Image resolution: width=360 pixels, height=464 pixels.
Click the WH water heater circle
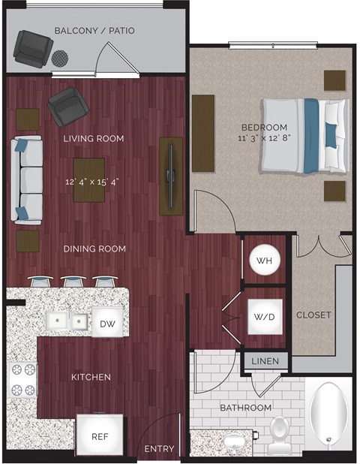264,260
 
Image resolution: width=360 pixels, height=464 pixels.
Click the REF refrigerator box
100,435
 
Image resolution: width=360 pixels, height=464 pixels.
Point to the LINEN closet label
265,362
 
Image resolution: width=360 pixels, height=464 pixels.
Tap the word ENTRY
158,449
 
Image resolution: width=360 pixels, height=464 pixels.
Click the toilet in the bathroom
280,435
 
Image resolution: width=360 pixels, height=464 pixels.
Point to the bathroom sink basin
233,440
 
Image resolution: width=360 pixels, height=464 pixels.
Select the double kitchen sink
67,321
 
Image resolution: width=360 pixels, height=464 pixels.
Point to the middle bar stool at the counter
73,282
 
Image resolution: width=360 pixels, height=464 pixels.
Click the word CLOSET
314,315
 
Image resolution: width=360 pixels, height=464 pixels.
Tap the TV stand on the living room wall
171,176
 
